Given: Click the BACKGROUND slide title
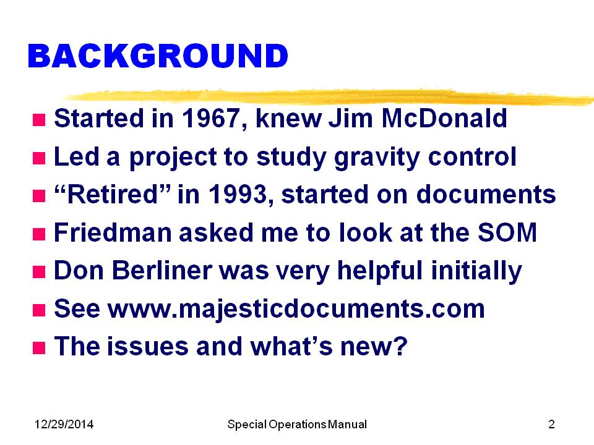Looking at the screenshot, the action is coord(158,56).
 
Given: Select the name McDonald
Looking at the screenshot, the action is coord(444,118).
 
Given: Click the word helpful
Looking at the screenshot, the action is coord(379,271).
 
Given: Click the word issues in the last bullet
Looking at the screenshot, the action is coord(147,346).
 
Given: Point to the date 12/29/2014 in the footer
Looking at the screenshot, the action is coord(64,424).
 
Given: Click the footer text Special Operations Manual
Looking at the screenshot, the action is coord(297,425).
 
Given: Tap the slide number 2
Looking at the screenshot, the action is coord(551,424).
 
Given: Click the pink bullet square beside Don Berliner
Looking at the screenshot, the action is coord(39,272).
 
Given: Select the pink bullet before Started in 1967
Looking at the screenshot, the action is coord(39,120).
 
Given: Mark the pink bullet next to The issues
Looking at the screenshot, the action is coord(39,348).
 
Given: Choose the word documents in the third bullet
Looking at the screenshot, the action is coord(486,194).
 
